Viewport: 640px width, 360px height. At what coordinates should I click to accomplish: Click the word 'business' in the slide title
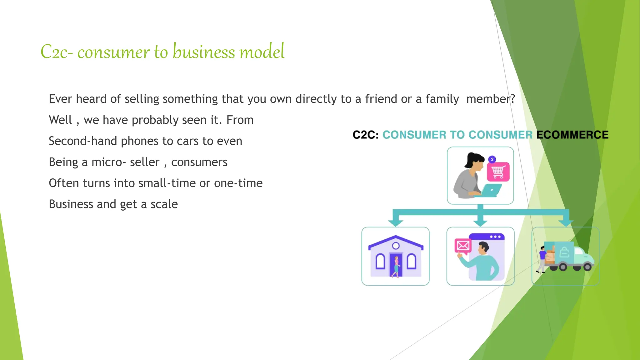coord(204,52)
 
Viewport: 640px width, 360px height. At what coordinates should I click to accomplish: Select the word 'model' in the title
coord(262,52)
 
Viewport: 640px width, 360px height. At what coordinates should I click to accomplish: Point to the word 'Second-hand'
coord(83,141)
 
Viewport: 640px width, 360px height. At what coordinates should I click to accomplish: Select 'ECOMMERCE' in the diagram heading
coord(572,135)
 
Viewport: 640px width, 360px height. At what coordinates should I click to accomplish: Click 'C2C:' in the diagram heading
coord(365,135)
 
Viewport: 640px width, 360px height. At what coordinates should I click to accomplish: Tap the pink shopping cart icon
coord(498,172)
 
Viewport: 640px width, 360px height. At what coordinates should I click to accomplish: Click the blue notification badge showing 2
coord(492,159)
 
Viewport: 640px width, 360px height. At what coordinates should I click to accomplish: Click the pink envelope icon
coord(463,246)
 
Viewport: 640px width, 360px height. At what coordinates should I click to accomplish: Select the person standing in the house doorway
coord(396,267)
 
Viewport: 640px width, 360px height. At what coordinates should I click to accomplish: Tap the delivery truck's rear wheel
coord(562,267)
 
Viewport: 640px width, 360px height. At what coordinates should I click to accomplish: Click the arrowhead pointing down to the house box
coord(396,222)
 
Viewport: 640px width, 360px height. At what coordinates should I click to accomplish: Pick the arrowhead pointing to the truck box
coord(566,222)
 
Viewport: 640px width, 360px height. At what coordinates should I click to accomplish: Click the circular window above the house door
coord(396,246)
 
